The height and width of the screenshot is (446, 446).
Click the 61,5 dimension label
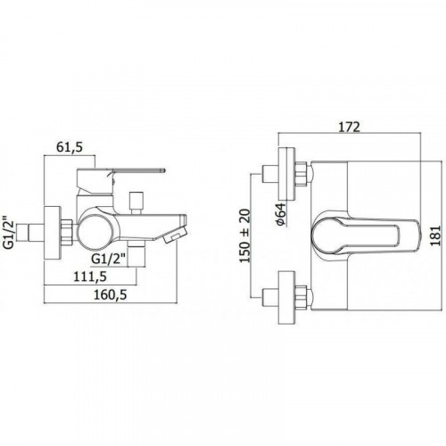tap(70, 147)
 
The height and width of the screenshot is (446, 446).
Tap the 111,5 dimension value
tap(90, 277)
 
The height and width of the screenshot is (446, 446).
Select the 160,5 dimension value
tap(111, 295)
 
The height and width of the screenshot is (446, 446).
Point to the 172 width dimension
tap(350, 127)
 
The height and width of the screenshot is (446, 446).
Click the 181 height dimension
tap(435, 235)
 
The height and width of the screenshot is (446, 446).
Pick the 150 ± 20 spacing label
tap(245, 235)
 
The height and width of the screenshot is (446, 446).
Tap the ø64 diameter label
tap(282, 214)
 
